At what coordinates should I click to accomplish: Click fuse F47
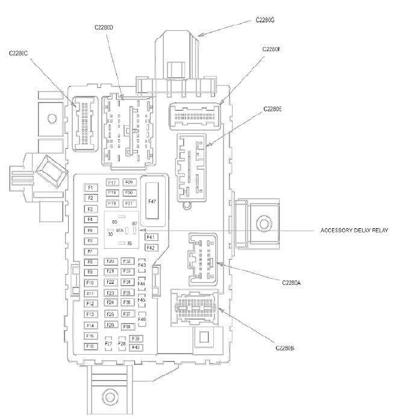click(x=151, y=201)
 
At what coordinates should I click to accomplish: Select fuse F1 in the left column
click(x=90, y=187)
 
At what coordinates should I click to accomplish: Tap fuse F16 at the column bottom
click(x=90, y=346)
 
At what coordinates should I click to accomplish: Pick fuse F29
click(x=129, y=182)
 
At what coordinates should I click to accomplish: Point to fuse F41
click(x=151, y=237)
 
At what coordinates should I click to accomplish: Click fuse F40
click(x=136, y=348)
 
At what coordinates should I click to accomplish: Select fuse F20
click(x=110, y=261)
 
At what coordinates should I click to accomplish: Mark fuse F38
click(x=127, y=326)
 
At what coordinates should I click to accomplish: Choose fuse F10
click(x=90, y=282)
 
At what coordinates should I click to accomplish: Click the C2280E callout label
click(x=273, y=109)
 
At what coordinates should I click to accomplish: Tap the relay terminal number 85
click(x=114, y=222)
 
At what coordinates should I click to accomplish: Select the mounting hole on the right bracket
click(x=263, y=224)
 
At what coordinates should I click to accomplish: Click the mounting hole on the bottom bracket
click(x=109, y=396)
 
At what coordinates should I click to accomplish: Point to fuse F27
click(x=108, y=344)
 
